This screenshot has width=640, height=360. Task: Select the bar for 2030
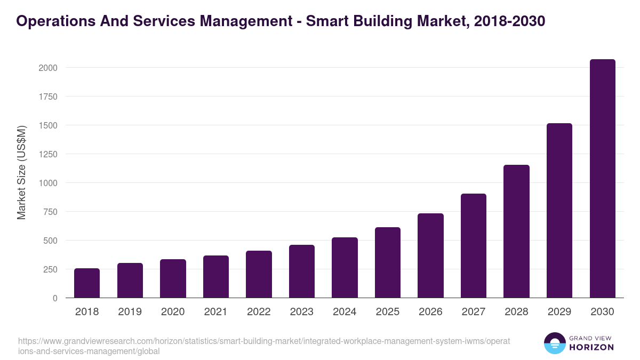click(x=602, y=179)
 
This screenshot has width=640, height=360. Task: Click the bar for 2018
click(x=87, y=283)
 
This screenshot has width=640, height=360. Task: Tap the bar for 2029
click(x=559, y=211)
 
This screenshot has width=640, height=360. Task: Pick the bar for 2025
click(x=388, y=262)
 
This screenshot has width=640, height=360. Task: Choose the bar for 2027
click(x=474, y=246)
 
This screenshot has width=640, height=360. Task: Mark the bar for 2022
click(x=259, y=274)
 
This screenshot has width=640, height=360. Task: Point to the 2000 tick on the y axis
click(x=47, y=68)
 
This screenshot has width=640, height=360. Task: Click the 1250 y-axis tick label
click(x=47, y=154)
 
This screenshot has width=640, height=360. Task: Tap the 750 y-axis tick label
click(x=50, y=212)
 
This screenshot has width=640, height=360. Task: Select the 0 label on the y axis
click(x=55, y=298)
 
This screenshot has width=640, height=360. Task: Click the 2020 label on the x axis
click(x=173, y=312)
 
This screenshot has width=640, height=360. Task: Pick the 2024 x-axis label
click(x=345, y=312)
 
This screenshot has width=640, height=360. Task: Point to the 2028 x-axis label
click(x=516, y=312)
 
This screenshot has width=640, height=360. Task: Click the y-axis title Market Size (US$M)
click(x=22, y=172)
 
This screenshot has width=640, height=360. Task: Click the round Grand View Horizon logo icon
click(x=555, y=343)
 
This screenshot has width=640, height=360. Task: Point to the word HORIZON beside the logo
click(x=591, y=347)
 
